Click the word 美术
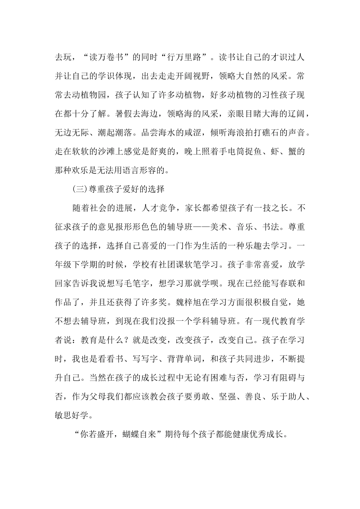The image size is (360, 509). [216, 227]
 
